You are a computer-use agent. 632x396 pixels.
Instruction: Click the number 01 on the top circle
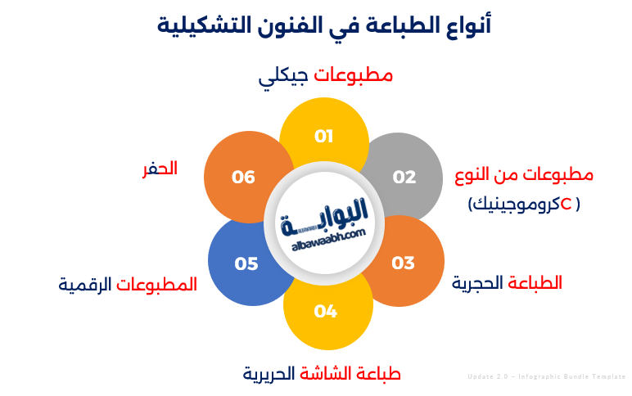(324, 136)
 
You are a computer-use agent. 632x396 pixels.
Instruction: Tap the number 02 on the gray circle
(404, 177)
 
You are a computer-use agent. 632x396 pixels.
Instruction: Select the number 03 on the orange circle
(403, 263)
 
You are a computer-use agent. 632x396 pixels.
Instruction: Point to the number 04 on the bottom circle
(325, 311)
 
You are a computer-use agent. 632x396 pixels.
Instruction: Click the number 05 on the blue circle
(246, 263)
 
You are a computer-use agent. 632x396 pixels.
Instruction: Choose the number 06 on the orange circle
(243, 177)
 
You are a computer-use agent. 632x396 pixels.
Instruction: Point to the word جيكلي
(283, 77)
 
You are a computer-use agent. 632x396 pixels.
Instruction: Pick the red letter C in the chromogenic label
(566, 203)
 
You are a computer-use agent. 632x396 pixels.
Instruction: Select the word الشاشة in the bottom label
(326, 374)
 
